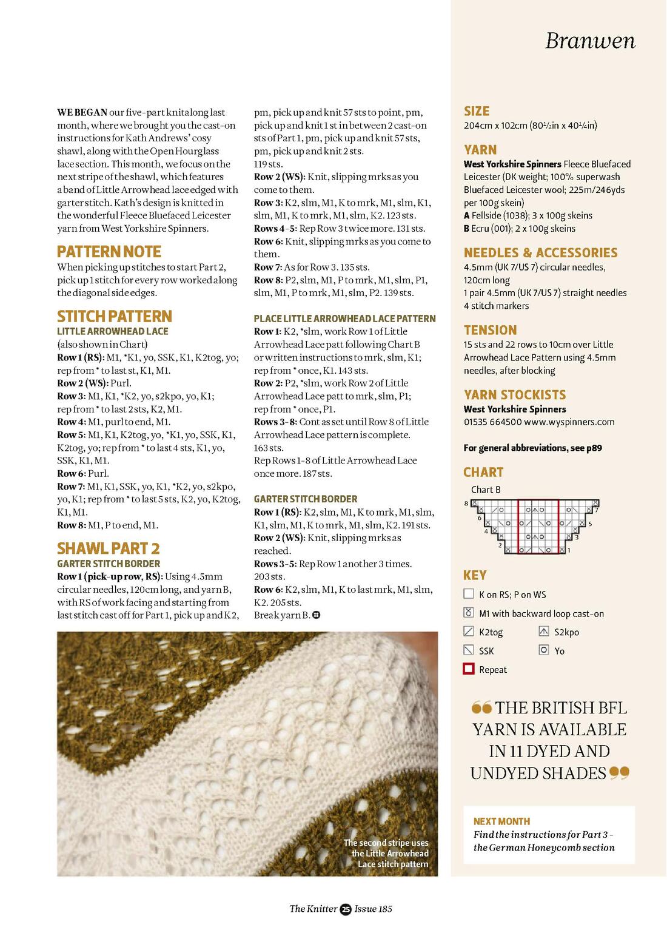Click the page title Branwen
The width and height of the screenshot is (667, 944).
pos(590,41)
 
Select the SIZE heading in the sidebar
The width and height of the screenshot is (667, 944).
pos(477,111)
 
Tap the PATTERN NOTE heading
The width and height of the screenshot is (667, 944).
pos(109,252)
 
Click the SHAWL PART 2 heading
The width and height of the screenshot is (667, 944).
pos(108,548)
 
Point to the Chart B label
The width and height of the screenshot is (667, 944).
pos(486,490)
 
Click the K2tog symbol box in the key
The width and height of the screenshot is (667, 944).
pos(469,632)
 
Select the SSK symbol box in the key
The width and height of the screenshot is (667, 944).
pos(469,650)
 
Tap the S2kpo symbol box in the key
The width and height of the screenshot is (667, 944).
pos(544,632)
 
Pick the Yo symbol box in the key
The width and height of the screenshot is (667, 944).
pos(544,650)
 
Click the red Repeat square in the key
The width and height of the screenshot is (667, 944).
pos(469,669)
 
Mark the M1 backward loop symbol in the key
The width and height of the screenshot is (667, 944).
pos(469,613)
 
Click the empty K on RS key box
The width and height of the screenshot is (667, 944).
pos(469,594)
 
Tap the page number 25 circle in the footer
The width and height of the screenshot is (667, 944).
pos(346,909)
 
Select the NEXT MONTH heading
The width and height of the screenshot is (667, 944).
pos(501,821)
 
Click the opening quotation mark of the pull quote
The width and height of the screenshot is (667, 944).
pos(481,707)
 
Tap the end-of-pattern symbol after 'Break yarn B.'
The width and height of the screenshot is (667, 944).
pos(316,615)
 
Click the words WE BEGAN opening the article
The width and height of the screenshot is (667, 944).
pos(82,112)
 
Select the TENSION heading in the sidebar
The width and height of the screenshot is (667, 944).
pos(490,330)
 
